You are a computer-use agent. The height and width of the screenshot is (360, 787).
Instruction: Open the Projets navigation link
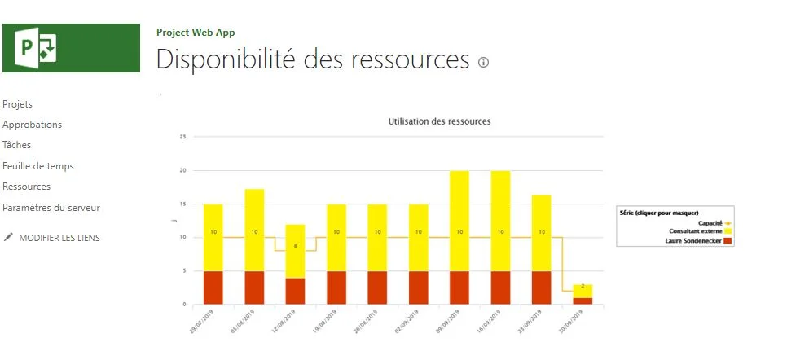click(x=18, y=104)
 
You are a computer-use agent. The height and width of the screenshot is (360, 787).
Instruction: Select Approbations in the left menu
click(x=33, y=125)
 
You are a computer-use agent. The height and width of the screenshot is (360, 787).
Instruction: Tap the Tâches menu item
click(x=17, y=145)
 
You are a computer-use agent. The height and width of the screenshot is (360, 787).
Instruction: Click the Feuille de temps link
click(x=38, y=166)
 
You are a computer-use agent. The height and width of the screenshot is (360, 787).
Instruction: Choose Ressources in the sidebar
click(x=27, y=187)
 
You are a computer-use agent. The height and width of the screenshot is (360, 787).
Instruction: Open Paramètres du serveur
click(x=51, y=208)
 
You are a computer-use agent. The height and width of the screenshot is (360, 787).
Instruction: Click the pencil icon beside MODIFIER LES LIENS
click(x=9, y=237)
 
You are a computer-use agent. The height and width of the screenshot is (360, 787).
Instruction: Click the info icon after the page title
click(x=483, y=63)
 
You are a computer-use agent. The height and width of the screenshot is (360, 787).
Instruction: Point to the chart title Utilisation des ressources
click(x=439, y=121)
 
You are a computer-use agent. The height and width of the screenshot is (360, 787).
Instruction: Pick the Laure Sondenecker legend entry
click(x=697, y=241)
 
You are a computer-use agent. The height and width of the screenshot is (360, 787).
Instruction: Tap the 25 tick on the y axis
click(x=183, y=137)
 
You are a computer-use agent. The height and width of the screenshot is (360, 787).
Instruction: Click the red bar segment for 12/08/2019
click(x=295, y=291)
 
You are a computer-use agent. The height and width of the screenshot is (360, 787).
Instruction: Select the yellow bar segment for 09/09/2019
click(x=459, y=220)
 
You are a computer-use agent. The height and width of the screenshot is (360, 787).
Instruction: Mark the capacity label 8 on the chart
click(x=295, y=245)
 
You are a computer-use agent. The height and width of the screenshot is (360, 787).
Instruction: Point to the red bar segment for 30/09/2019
click(x=583, y=301)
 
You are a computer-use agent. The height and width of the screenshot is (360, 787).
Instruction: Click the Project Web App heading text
click(x=196, y=33)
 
